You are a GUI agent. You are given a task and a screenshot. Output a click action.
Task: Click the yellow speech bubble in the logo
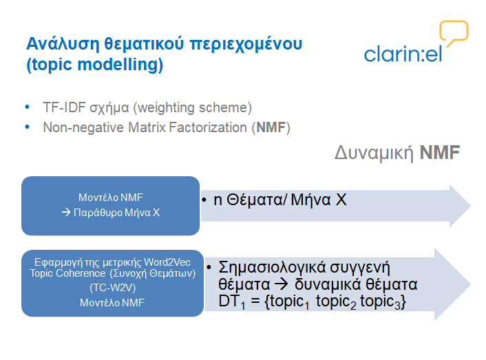pos(454,22)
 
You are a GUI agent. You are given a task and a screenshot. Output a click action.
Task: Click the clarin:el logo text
pos(403,54)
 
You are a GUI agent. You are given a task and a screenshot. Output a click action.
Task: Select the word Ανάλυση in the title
pos(63,43)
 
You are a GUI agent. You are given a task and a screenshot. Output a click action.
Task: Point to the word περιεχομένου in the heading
pos(246,44)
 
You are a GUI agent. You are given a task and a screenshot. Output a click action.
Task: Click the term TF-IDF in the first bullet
pos(64,107)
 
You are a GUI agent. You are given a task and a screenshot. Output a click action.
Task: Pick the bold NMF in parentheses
pos(271,127)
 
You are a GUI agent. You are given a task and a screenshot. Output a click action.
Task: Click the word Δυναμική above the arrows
pos(374,153)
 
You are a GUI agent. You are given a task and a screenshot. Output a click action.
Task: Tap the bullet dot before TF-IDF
pos(28,107)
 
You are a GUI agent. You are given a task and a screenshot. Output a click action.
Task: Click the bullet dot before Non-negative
pos(28,127)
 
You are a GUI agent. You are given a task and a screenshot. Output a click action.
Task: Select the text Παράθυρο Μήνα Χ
pos(116,213)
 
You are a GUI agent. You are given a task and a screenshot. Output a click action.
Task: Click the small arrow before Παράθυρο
pos(66,213)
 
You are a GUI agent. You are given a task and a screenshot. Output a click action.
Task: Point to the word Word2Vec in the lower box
pos(167,262)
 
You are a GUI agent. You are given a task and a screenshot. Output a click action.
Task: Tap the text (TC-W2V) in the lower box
pos(112,288)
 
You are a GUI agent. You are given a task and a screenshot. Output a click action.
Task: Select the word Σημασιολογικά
pos(272,268)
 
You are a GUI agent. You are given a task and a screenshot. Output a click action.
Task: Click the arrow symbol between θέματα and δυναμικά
pos(281,284)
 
